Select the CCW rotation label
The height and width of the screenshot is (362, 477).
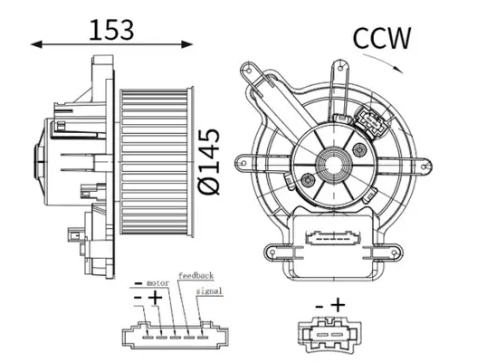[x=381, y=38]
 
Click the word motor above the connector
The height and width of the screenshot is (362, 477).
[x=158, y=282]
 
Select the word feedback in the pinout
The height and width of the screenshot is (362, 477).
[x=196, y=274]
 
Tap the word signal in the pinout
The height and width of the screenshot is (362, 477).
[x=208, y=291]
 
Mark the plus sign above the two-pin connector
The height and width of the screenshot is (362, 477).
[x=338, y=305]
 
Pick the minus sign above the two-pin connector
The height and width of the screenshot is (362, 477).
[x=319, y=306]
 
